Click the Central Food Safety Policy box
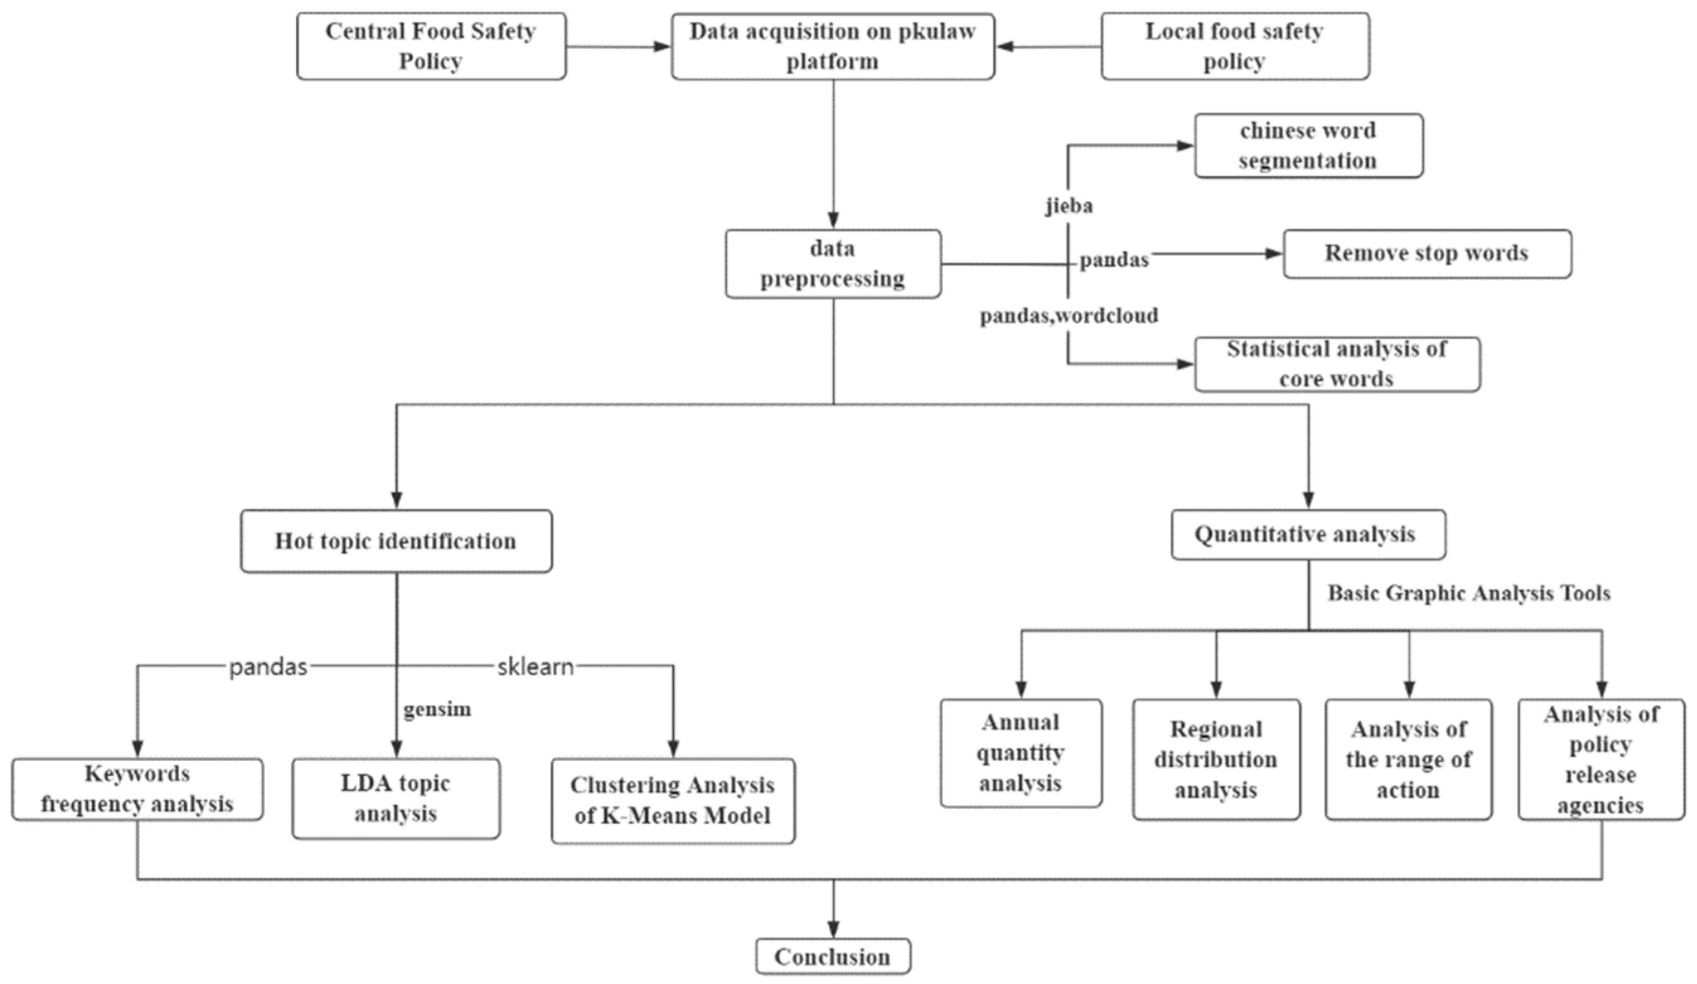[x=431, y=46]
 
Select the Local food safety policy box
[x=1235, y=46]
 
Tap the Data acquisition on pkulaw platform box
[x=832, y=46]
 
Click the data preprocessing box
[x=832, y=263]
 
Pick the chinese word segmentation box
[x=1308, y=146]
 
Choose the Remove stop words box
[x=1426, y=253]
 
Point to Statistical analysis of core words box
[x=1337, y=363]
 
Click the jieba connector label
[x=1070, y=205]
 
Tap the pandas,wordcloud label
[x=1069, y=315]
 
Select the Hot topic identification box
[x=396, y=541]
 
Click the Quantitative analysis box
[x=1307, y=534]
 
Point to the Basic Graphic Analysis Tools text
[x=1468, y=593]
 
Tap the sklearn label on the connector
[x=535, y=666]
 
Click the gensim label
[x=437, y=710]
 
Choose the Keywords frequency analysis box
[x=137, y=789]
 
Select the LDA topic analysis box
[x=396, y=798]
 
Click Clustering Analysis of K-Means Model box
[x=672, y=800]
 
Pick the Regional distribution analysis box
[x=1216, y=759]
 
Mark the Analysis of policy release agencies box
[x=1601, y=759]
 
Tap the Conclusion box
[x=832, y=956]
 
